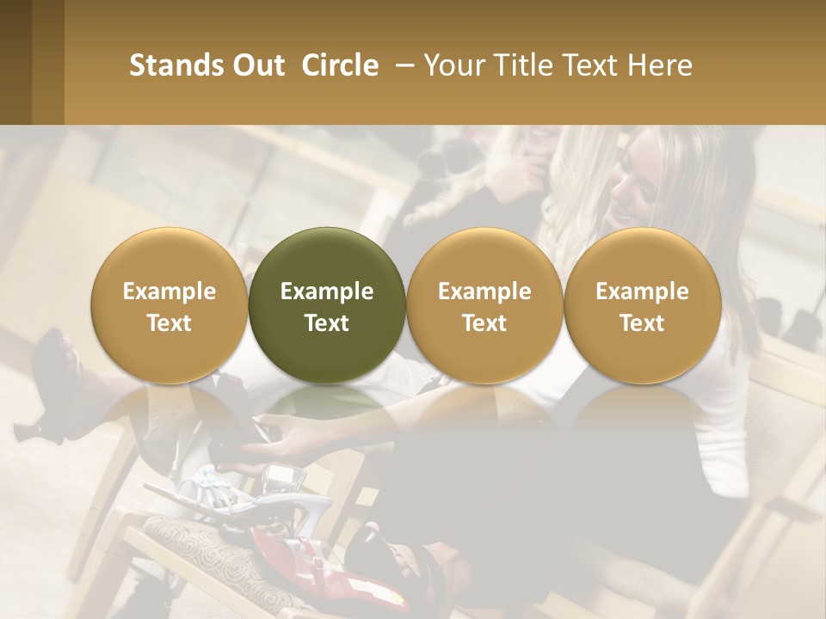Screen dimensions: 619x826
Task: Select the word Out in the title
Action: (256, 65)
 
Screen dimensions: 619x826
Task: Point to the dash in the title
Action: (402, 65)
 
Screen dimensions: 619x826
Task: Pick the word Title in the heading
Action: (523, 65)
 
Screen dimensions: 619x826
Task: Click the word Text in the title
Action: (592, 65)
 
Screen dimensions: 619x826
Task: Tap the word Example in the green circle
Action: (327, 291)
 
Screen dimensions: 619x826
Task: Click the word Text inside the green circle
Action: (327, 323)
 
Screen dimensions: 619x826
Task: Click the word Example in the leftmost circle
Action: (170, 291)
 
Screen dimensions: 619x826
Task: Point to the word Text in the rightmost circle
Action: (643, 323)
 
